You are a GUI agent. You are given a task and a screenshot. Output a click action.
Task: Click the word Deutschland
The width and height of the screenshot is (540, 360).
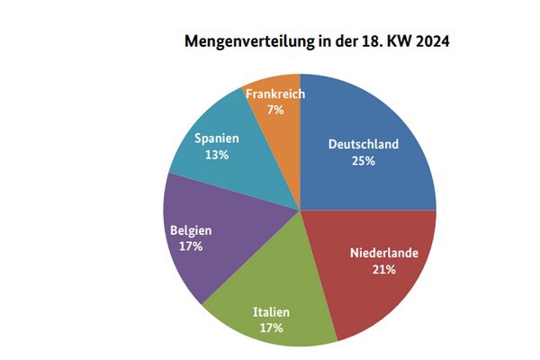pyautogui.click(x=364, y=144)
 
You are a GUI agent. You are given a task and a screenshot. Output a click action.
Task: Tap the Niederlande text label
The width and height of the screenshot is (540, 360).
pyautogui.click(x=384, y=254)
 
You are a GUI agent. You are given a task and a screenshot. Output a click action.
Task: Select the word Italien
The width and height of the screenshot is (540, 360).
pyautogui.click(x=271, y=311)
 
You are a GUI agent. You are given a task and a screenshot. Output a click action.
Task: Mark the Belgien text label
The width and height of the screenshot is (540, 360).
pyautogui.click(x=191, y=229)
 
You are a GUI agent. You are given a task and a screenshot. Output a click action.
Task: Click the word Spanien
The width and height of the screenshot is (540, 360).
pyautogui.click(x=216, y=139)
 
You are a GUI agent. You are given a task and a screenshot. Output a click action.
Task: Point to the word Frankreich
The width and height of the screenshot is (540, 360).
pyautogui.click(x=275, y=94)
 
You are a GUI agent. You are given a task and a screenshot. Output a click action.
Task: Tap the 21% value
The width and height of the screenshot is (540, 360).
pyautogui.click(x=384, y=270)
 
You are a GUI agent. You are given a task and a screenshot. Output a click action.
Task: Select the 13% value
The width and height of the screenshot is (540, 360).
pyautogui.click(x=216, y=155)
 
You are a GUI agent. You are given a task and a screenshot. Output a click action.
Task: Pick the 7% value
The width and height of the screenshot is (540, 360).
pyautogui.click(x=275, y=109)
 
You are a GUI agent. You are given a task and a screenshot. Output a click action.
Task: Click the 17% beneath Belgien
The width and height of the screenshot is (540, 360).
pyautogui.click(x=191, y=245)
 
